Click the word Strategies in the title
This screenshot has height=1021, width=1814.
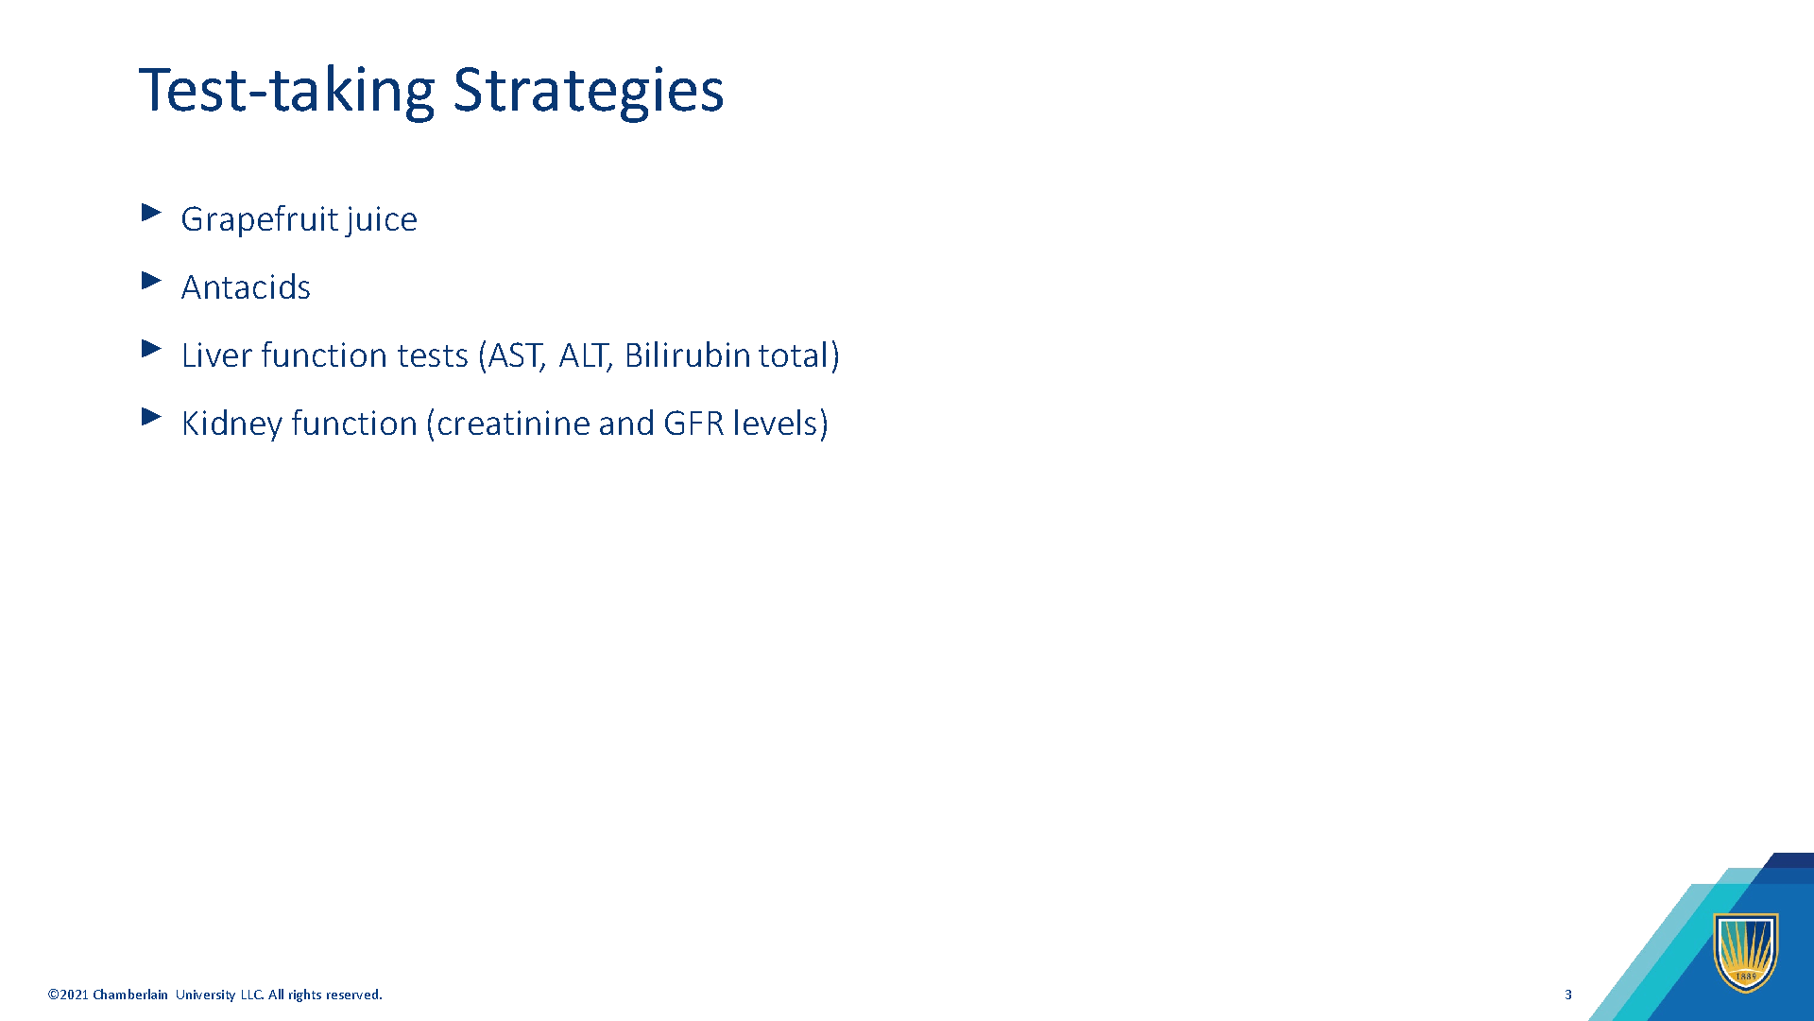pos(589,92)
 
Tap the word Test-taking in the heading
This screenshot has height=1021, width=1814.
pos(286,92)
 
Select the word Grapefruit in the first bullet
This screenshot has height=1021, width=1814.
pos(260,219)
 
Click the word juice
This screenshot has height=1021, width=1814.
pos(382,219)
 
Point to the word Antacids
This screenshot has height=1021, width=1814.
pos(246,286)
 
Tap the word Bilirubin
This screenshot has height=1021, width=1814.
pos(687,355)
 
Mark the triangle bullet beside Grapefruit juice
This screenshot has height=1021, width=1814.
pos(151,213)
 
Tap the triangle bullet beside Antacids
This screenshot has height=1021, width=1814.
pos(151,281)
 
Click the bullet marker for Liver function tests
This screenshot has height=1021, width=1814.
pos(151,349)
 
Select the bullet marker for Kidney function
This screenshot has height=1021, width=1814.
pos(151,417)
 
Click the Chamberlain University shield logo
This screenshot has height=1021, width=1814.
pos(1746,952)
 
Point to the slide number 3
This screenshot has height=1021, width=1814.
pos(1568,995)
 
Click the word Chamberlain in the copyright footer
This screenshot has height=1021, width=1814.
pos(130,995)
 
